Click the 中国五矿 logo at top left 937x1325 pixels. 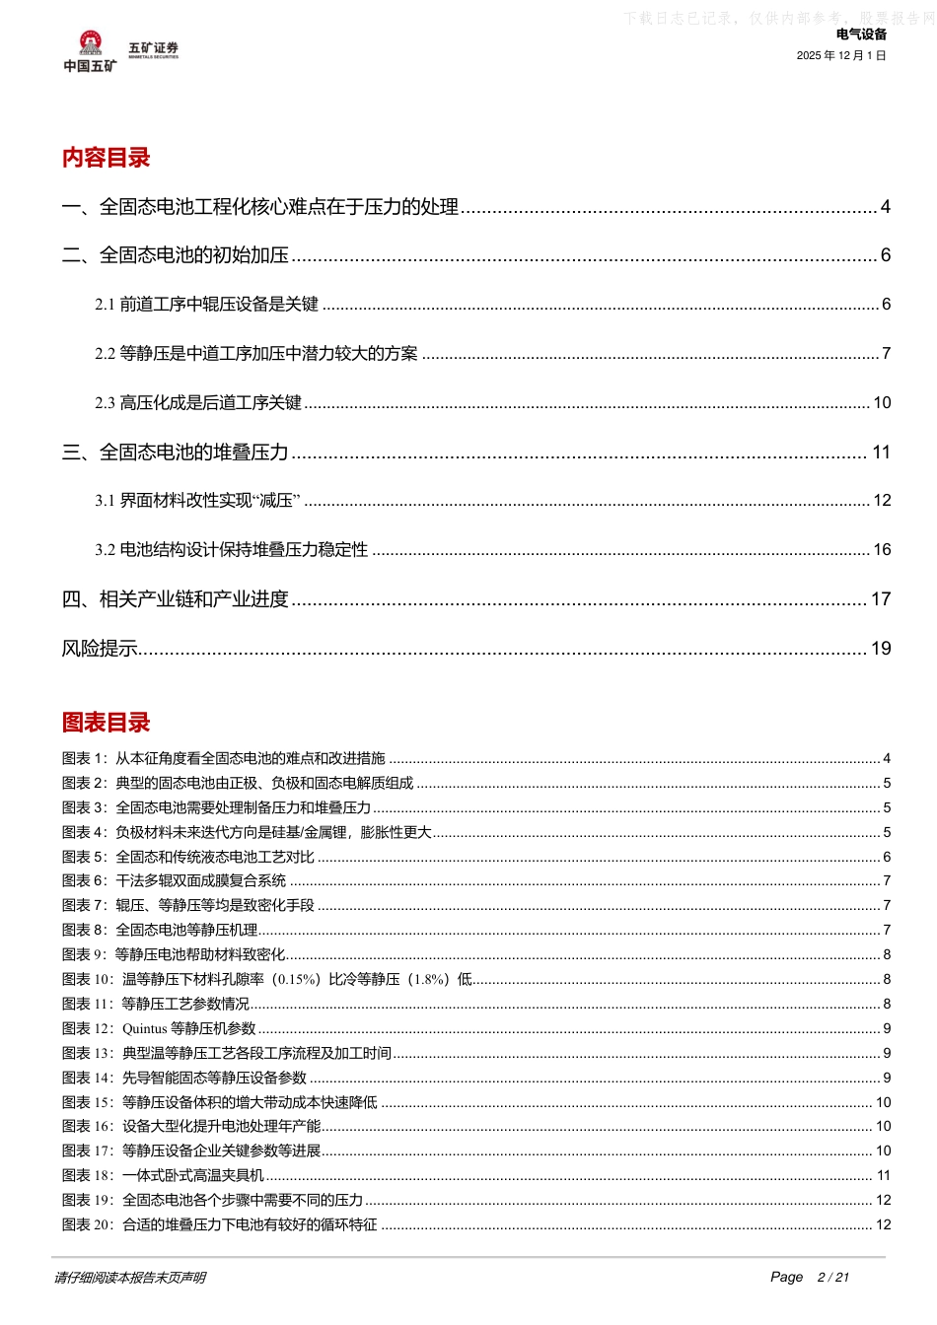point(90,51)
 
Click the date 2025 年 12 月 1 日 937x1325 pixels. point(841,56)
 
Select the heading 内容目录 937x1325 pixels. point(106,158)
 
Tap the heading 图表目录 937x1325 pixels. point(106,723)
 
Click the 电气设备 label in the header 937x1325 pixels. point(861,35)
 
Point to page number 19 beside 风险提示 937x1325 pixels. point(881,649)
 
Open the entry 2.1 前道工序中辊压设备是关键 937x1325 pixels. point(207,305)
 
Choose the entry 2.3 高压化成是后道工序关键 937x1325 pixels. point(198,403)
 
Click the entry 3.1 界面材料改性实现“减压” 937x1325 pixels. point(197,501)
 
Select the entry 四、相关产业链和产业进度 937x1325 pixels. point(176,599)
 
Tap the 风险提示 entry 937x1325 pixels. point(100,649)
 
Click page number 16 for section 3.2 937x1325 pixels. point(882,550)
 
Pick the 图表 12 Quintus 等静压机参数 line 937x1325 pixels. point(159,1029)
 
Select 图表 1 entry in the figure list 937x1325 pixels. point(223,759)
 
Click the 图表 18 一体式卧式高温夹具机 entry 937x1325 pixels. point(163,1176)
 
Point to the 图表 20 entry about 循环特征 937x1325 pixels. point(219,1225)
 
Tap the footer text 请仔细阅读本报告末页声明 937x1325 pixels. point(130,1278)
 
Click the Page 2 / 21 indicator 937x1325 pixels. point(810,1278)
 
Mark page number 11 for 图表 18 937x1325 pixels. point(884,1176)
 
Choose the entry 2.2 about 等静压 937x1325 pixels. point(256,354)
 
